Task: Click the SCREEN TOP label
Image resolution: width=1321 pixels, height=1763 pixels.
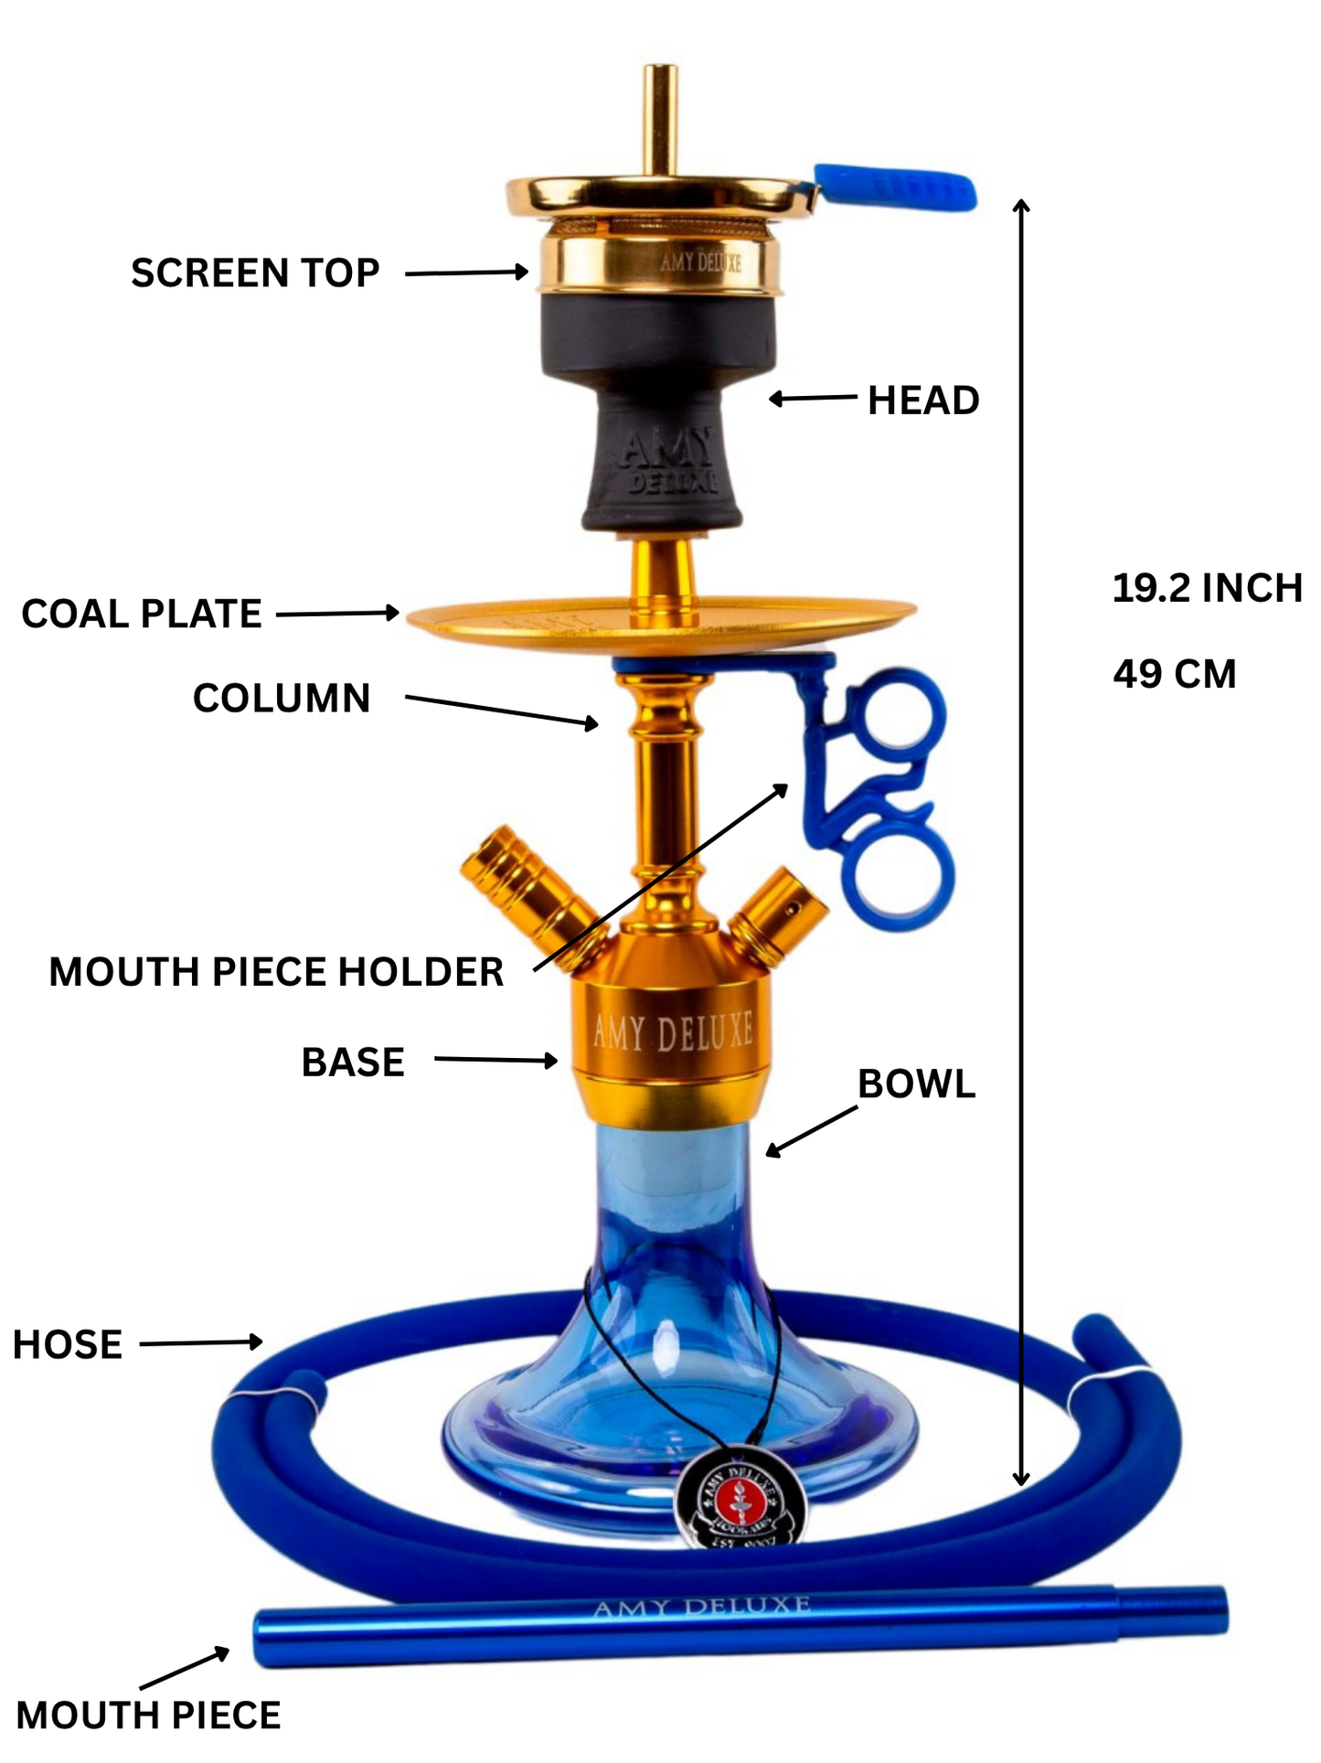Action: point(255,273)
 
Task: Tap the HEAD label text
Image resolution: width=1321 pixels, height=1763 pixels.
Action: point(923,401)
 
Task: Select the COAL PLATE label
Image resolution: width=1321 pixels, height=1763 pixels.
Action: point(142,614)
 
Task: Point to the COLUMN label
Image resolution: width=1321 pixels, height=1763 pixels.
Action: point(282,699)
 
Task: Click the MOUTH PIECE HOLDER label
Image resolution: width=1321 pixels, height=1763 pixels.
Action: point(276,972)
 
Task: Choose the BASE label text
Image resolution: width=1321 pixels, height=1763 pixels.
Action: point(353,1063)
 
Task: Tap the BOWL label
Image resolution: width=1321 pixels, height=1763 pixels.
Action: point(916,1085)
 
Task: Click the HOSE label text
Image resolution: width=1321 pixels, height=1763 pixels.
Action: point(68,1345)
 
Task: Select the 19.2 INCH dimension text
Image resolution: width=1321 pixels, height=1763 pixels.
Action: point(1207,589)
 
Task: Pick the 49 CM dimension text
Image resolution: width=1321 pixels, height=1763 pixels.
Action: point(1175,675)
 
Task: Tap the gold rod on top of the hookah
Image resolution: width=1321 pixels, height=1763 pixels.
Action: point(659,119)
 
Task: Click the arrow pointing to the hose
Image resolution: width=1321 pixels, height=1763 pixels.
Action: point(201,1343)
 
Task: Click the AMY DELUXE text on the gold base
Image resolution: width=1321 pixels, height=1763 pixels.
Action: point(673,1031)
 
